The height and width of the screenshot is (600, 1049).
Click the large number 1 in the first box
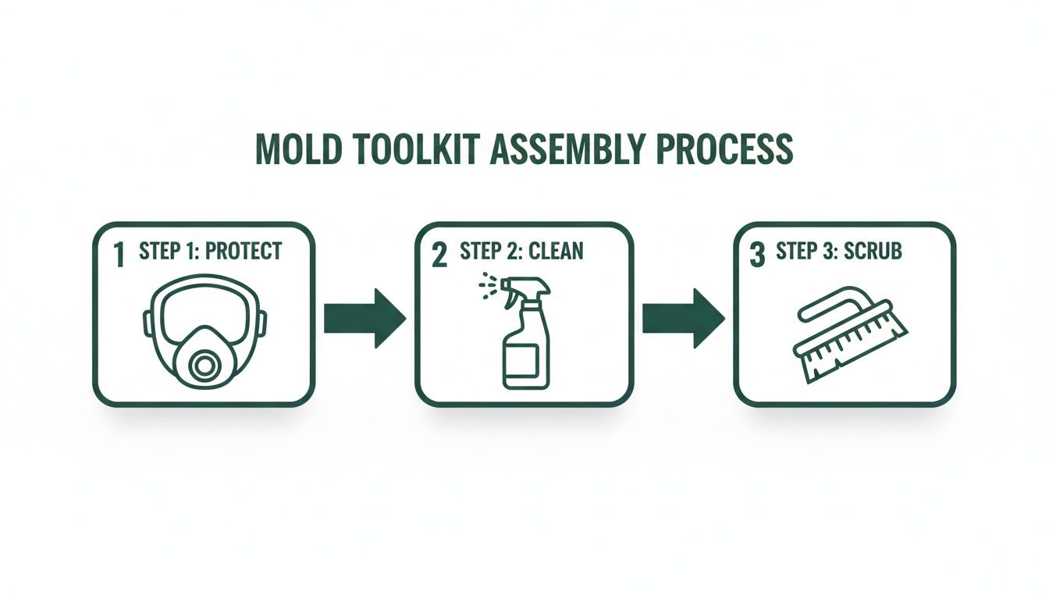coord(119,255)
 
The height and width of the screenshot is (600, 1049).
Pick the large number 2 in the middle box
coord(439,255)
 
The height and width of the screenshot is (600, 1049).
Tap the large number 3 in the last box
coord(756,255)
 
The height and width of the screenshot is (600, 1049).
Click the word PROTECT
coord(242,252)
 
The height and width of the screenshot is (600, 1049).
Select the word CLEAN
coord(555,252)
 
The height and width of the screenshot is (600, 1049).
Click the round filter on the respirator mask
coord(205,365)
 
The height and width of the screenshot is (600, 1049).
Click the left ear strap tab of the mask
coord(148,322)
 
